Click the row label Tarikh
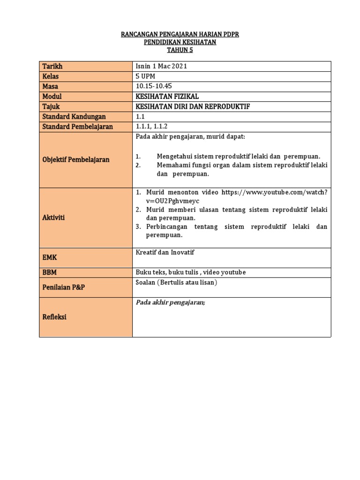52,66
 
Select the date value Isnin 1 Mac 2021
161,66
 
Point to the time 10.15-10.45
153,86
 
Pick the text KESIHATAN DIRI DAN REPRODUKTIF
193,106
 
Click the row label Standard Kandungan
74,116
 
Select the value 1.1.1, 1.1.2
152,127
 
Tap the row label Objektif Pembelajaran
76,159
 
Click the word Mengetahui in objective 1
175,156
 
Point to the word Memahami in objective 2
173,165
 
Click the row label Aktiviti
54,217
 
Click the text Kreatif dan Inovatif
165,252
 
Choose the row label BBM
50,272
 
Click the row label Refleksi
54,317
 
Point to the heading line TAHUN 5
180,50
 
